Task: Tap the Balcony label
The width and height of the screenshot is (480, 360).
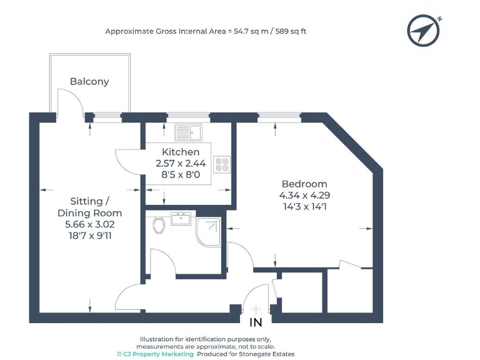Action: [89, 81]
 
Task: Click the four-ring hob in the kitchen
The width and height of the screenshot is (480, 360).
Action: [222, 164]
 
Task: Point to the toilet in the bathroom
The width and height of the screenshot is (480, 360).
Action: [159, 224]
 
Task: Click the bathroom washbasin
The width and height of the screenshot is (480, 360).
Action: [181, 219]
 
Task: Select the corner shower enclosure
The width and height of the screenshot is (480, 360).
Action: [209, 232]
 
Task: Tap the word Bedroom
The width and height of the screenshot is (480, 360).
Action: [304, 184]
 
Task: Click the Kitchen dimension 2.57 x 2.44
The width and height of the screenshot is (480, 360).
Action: [181, 163]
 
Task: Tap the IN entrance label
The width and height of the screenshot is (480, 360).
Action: [256, 323]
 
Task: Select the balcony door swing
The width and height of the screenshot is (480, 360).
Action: [70, 100]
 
